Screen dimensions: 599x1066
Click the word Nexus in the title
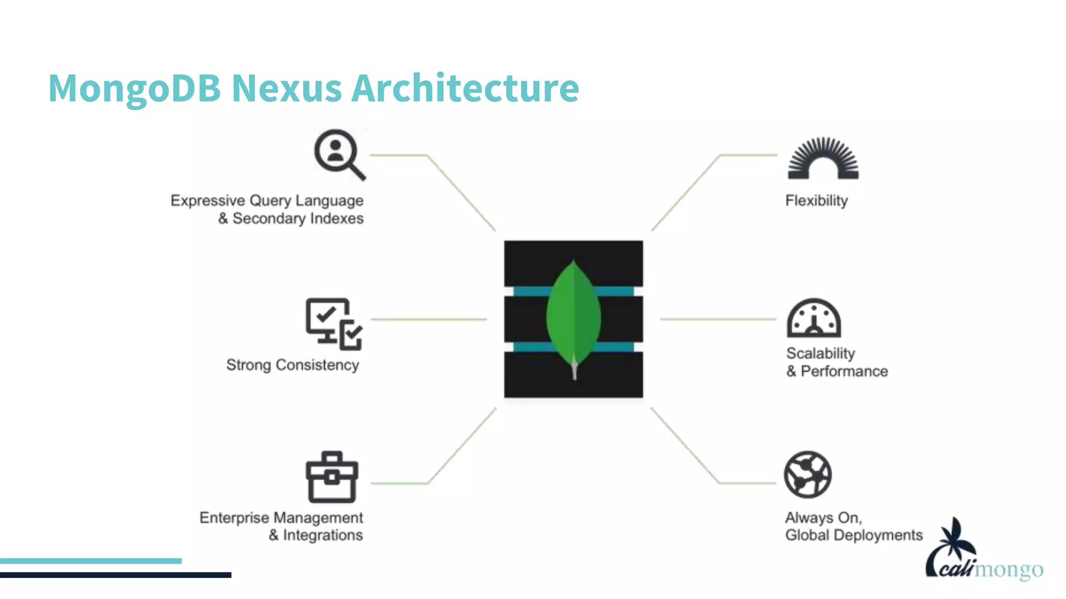pos(286,88)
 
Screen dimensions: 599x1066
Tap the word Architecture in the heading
pos(465,88)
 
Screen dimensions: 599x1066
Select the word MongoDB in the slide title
pos(134,89)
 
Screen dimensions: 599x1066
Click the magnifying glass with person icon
pos(339,154)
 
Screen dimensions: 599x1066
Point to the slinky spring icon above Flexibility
pos(823,159)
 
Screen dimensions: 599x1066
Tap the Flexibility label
pos(816,201)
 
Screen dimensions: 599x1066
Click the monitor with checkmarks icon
pos(334,323)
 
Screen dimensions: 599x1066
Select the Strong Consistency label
pos(293,365)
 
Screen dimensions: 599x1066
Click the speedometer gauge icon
pos(814,318)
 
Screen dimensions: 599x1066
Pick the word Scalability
pos(820,354)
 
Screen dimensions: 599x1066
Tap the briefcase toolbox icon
pos(332,477)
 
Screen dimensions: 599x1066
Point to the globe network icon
pos(808,474)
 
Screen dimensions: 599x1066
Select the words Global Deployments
pos(854,535)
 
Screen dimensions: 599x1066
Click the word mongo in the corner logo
pos(1009,570)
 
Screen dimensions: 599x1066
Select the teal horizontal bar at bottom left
pos(91,561)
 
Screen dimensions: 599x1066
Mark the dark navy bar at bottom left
pos(116,575)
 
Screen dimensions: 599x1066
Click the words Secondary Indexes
pos(298,218)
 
